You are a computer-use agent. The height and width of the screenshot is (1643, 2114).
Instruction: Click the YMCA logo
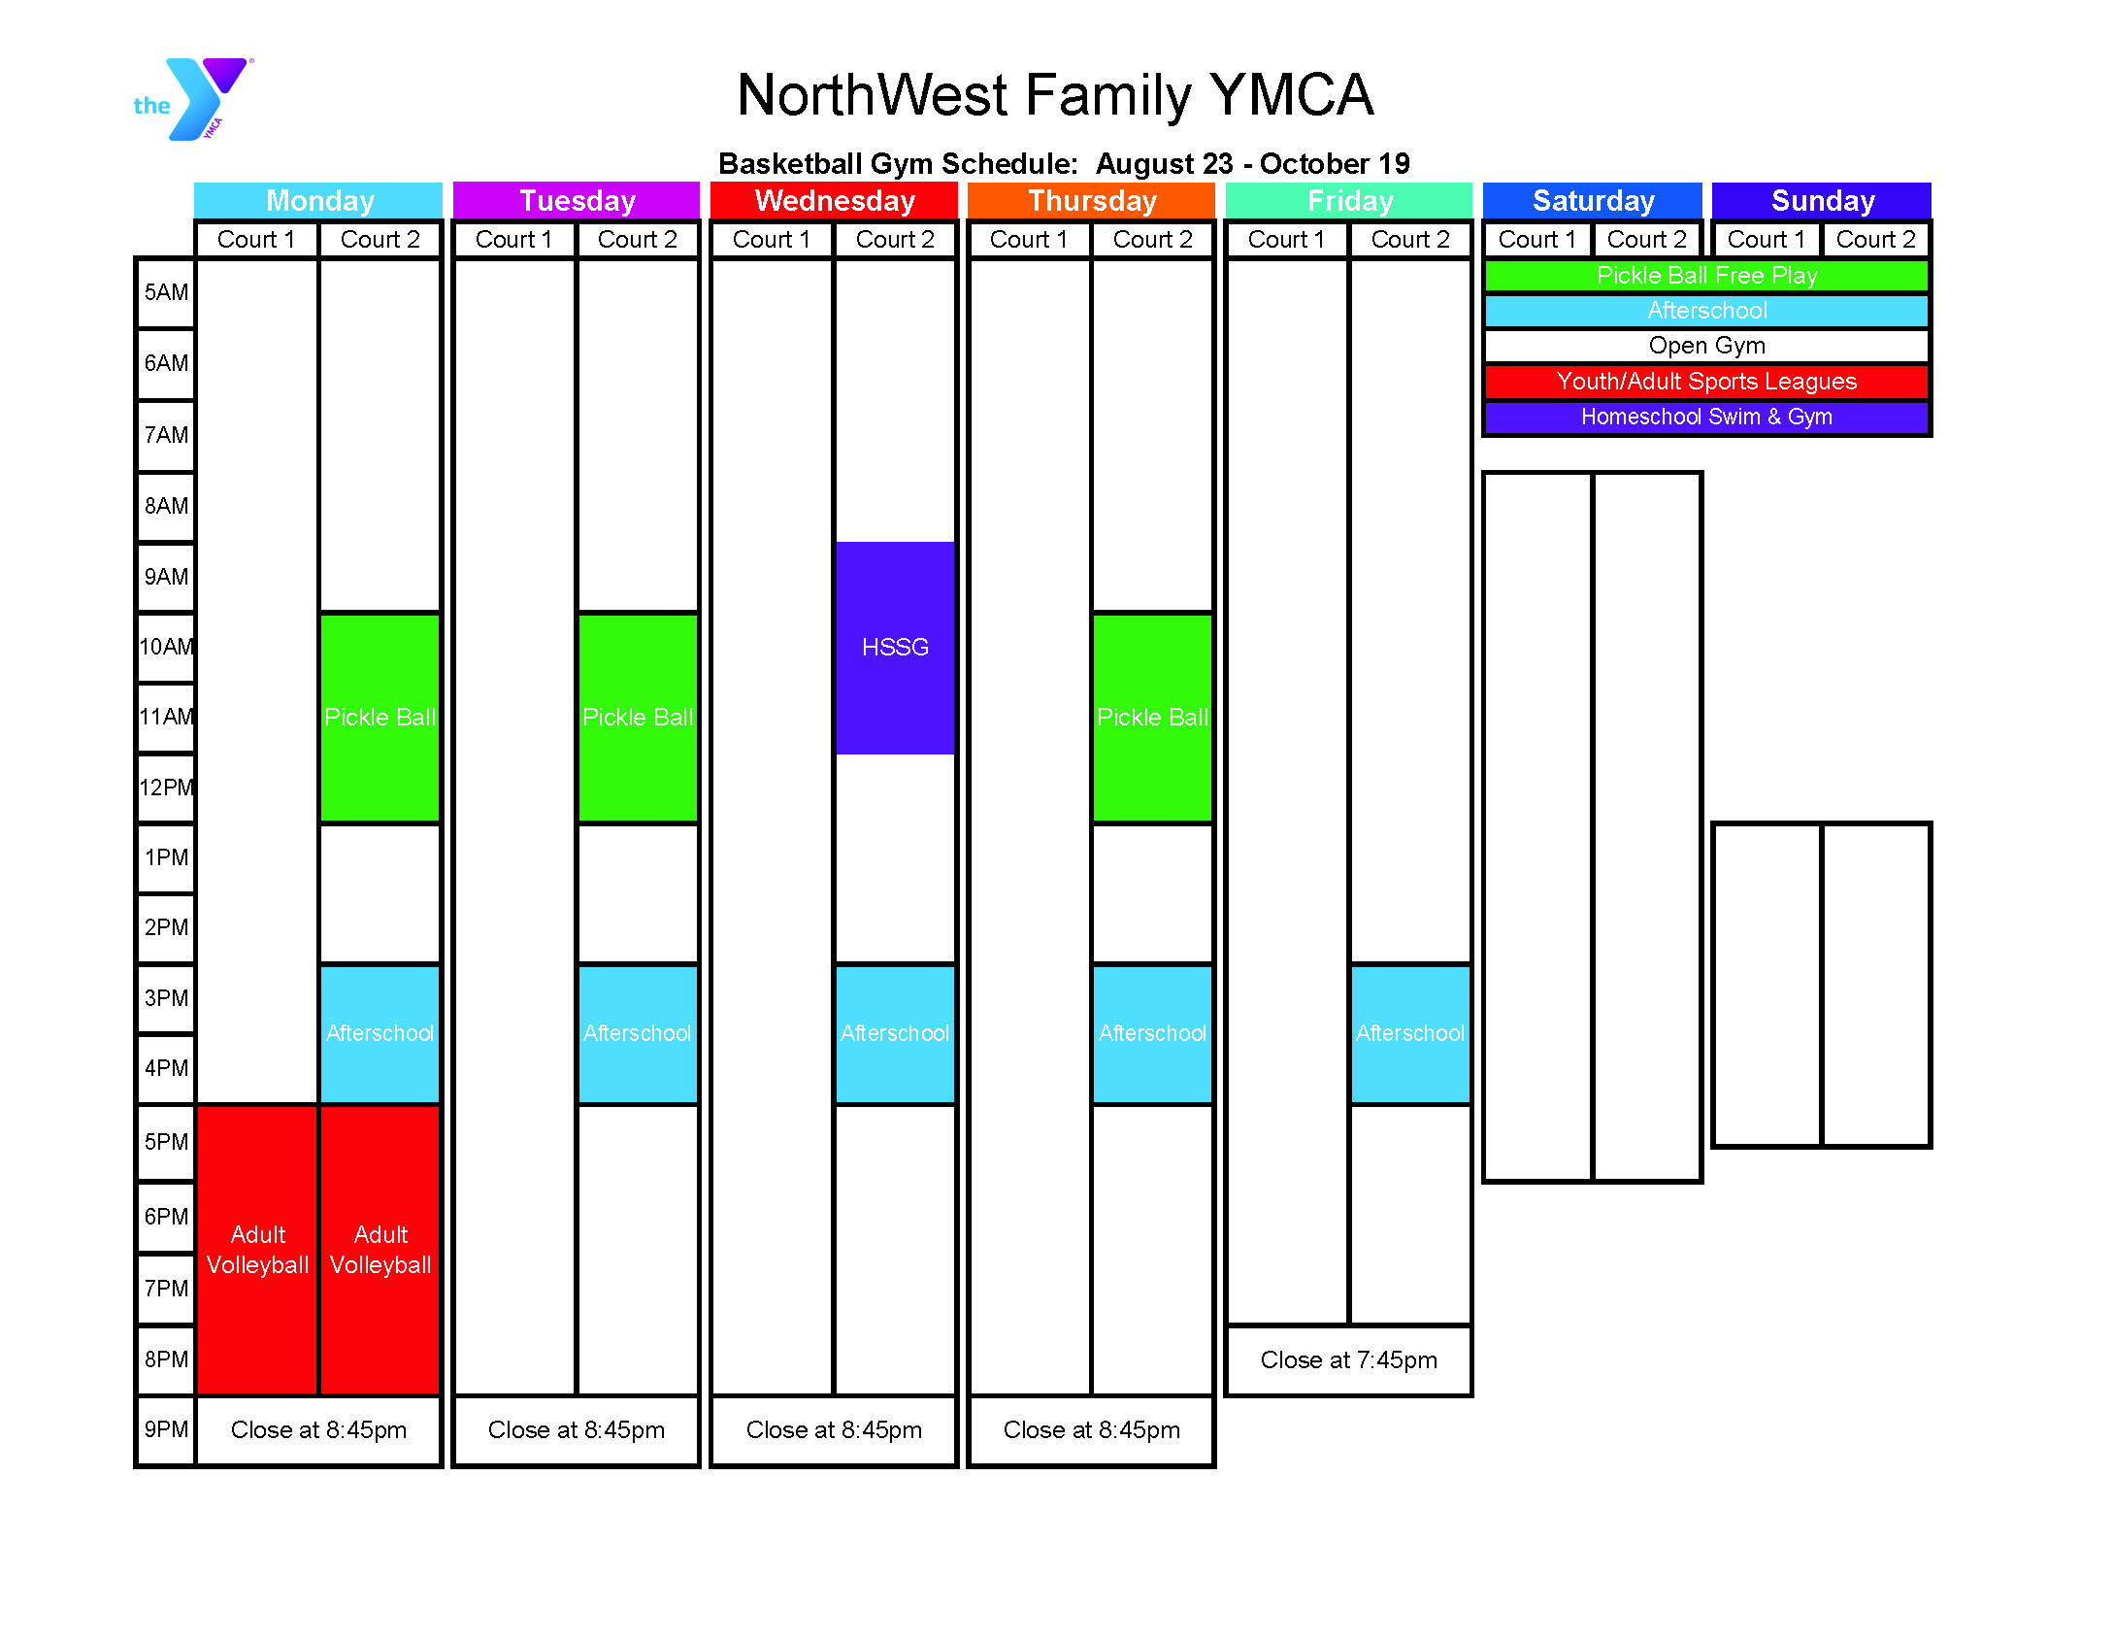pos(193,99)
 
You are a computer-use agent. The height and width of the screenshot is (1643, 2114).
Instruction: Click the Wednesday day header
pos(835,200)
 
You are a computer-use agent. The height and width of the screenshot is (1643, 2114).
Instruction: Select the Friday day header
pos(1349,200)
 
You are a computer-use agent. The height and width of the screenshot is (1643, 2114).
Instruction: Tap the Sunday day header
pos(1822,200)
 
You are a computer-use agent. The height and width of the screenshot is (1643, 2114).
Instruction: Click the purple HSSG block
pos(895,648)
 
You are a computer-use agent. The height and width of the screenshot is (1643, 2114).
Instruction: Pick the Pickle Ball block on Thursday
pos(1152,718)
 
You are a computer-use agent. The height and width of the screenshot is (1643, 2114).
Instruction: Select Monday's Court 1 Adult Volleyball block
pos(257,1250)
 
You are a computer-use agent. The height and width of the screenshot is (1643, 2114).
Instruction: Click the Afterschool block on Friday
pos(1410,1033)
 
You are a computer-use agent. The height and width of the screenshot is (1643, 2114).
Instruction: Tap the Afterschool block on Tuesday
pos(638,1033)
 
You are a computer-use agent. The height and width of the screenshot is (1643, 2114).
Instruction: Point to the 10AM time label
pos(166,647)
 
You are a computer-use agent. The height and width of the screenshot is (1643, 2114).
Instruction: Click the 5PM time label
pos(166,1142)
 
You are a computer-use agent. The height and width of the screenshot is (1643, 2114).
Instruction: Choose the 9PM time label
pos(166,1429)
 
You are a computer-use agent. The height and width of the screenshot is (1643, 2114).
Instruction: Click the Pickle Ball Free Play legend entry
pos(1706,276)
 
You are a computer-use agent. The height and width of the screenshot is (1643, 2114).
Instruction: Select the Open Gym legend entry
pos(1706,346)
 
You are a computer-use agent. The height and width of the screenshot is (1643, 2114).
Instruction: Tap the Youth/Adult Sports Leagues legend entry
pos(1706,382)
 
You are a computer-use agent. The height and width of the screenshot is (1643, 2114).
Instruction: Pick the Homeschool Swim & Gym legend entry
pos(1706,417)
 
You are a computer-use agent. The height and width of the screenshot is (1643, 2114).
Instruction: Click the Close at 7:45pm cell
pos(1349,1359)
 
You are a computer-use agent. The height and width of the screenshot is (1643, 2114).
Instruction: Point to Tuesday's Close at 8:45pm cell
pos(577,1429)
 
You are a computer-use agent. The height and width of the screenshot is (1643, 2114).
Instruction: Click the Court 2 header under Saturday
pos(1647,239)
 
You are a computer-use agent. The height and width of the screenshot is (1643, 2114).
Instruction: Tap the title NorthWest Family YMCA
pos(1055,94)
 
